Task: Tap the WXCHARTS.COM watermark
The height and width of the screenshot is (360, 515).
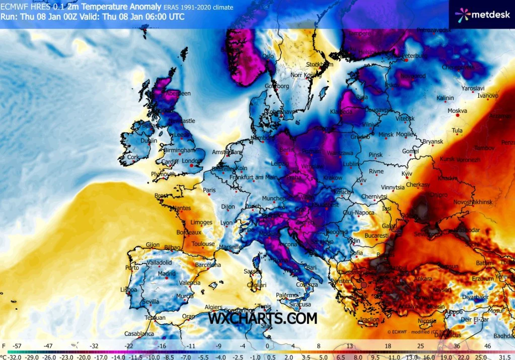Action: (263, 318)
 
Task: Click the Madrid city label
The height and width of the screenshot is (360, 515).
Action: (166, 274)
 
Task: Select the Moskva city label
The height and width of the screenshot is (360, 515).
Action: (457, 111)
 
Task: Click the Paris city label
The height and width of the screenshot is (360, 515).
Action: (209, 190)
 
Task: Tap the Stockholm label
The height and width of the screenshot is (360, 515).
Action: (320, 64)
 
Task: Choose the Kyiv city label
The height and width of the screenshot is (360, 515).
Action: (407, 173)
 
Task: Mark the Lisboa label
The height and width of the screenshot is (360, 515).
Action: (128, 290)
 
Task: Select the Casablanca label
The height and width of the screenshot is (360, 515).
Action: (139, 334)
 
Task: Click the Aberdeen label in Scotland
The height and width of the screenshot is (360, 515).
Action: (178, 93)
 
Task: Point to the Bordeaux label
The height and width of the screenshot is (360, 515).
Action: (189, 233)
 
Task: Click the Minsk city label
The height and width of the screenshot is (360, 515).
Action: (386, 135)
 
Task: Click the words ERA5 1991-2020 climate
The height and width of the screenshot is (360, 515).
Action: (198, 7)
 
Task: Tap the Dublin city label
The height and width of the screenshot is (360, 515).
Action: (149, 141)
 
